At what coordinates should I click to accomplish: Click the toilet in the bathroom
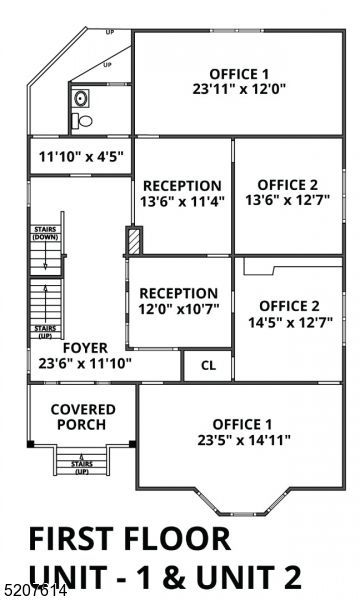pos(85,121)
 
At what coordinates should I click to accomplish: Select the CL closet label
pos(208,365)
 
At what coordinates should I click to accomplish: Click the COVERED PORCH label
pos(82,417)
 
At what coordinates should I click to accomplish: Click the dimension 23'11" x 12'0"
pos(239,88)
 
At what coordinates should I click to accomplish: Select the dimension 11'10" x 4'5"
pos(80,157)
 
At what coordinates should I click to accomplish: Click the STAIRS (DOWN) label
pos(45,234)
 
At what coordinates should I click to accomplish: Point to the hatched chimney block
pos(133,242)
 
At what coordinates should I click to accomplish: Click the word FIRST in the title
pos(74,538)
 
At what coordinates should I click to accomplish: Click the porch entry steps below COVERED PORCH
pos(82,463)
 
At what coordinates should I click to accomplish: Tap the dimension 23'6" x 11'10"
pos(85,364)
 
